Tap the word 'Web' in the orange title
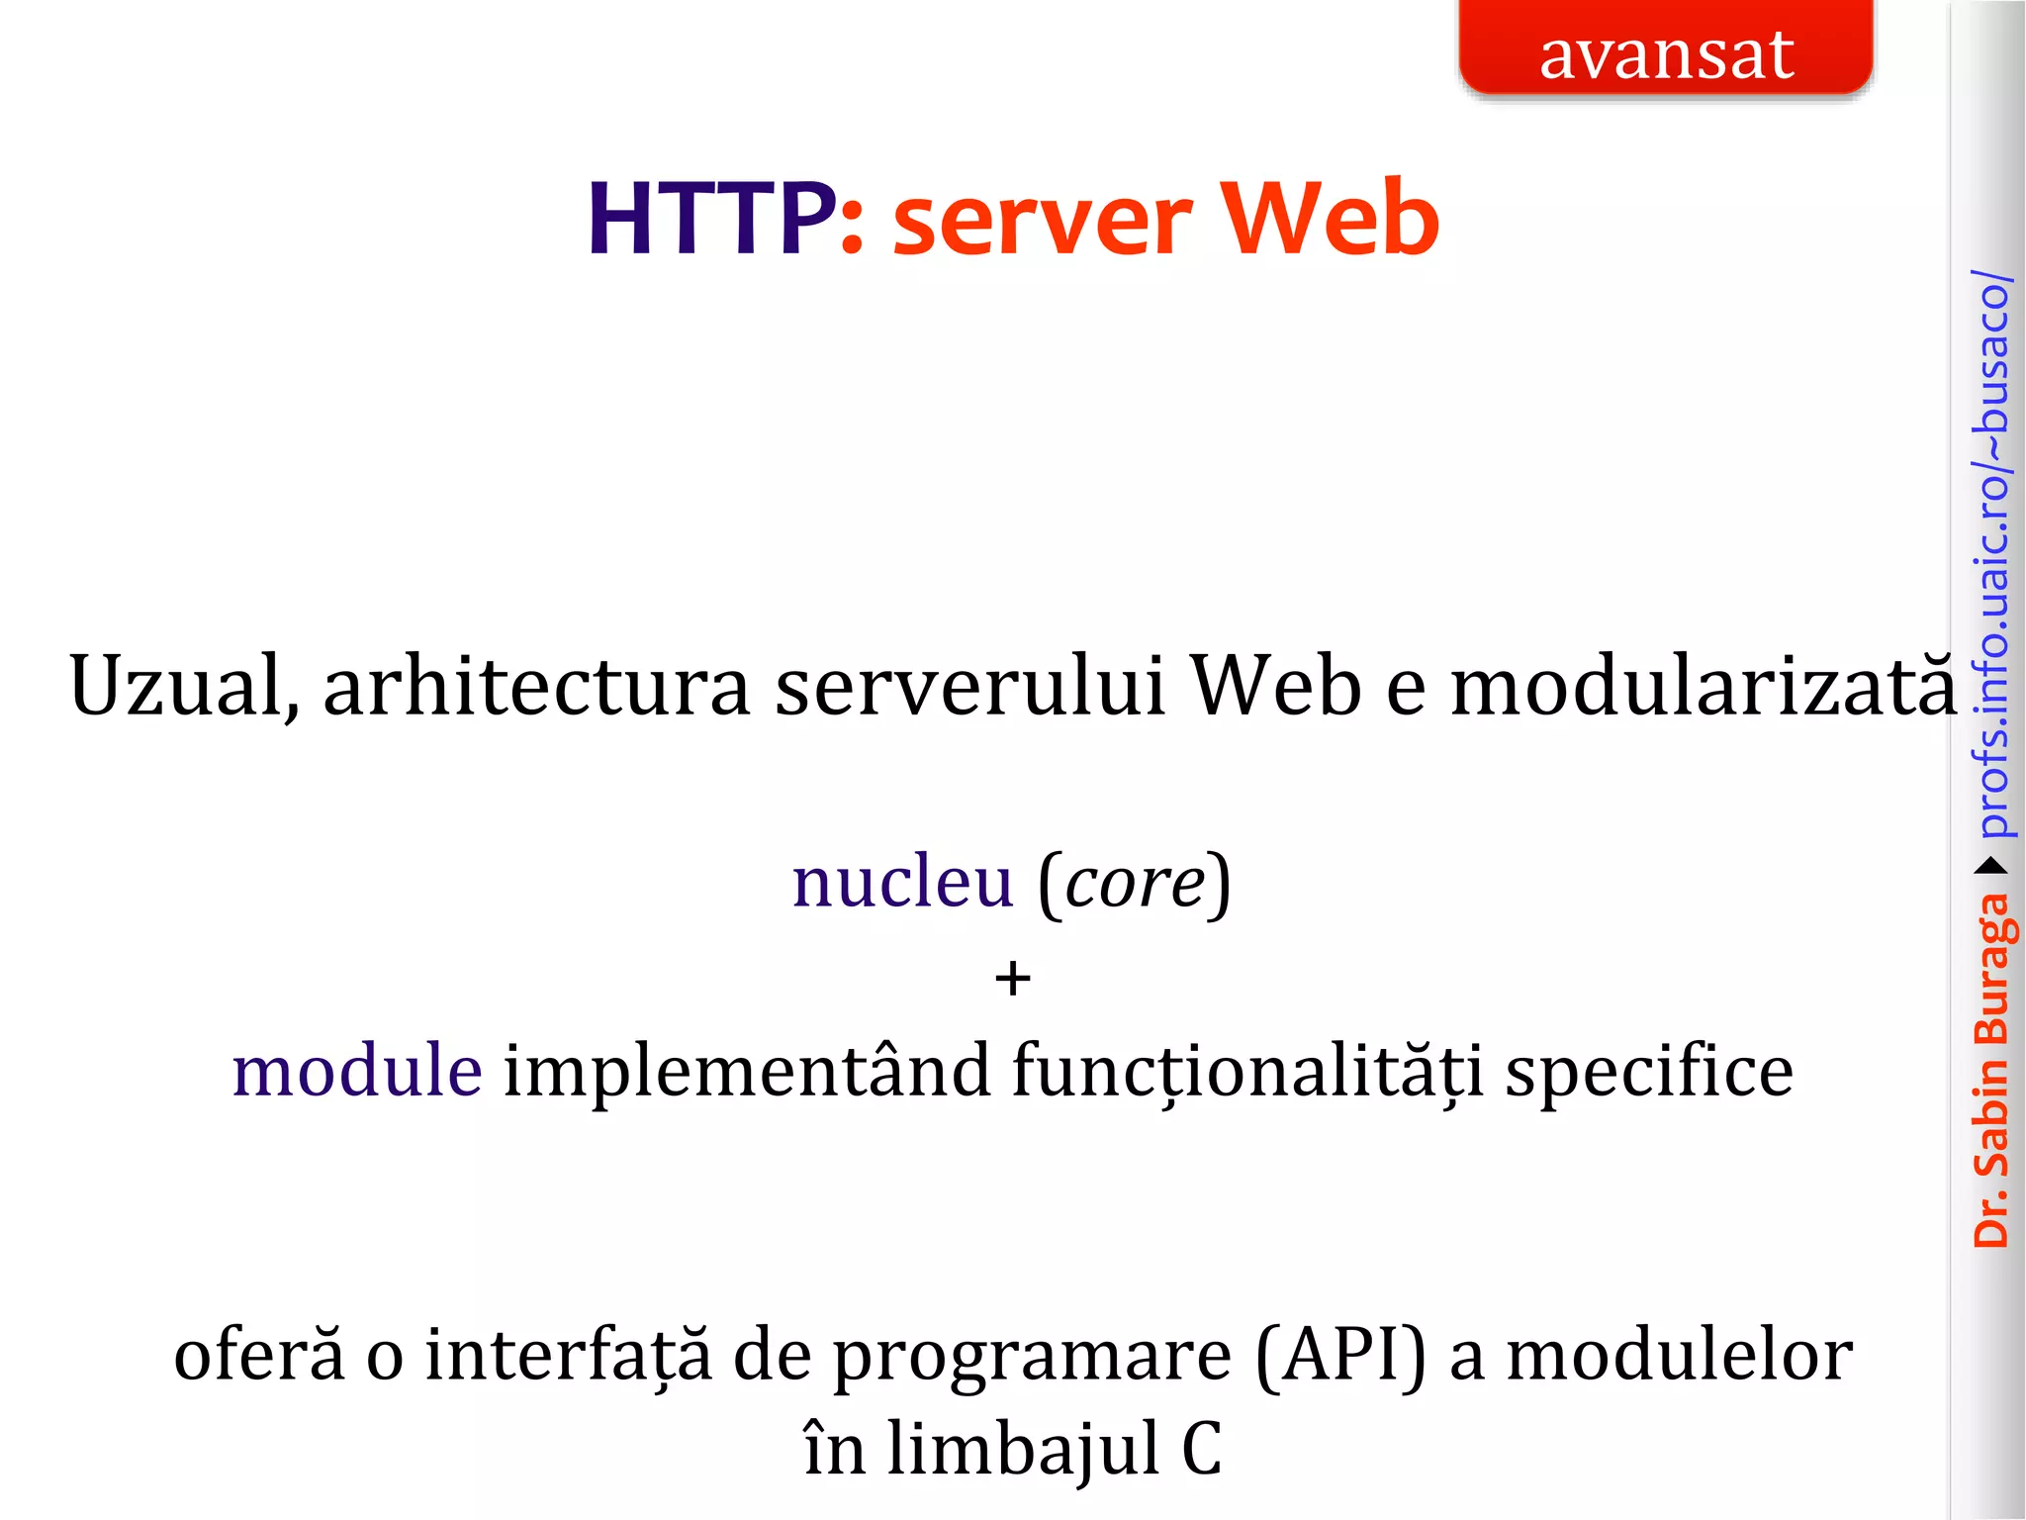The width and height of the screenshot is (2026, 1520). pyautogui.click(x=1330, y=220)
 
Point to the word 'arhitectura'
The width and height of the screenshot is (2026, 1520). pyautogui.click(x=537, y=687)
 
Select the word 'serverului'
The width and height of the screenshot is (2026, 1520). pyautogui.click(x=969, y=687)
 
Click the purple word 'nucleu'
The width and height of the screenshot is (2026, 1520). pyautogui.click(x=902, y=882)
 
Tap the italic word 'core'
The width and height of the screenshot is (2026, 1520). pyautogui.click(x=1135, y=884)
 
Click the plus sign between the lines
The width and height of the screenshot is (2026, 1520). pyautogui.click(x=1012, y=979)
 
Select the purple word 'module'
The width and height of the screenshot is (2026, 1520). pyautogui.click(x=357, y=1072)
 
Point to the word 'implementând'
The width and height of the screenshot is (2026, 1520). pyautogui.click(x=747, y=1072)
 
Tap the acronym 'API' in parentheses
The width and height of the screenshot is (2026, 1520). pyautogui.click(x=1341, y=1356)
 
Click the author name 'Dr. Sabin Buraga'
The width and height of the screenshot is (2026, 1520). pyautogui.click(x=1991, y=1070)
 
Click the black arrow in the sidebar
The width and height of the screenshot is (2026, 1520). pyautogui.click(x=1991, y=867)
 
